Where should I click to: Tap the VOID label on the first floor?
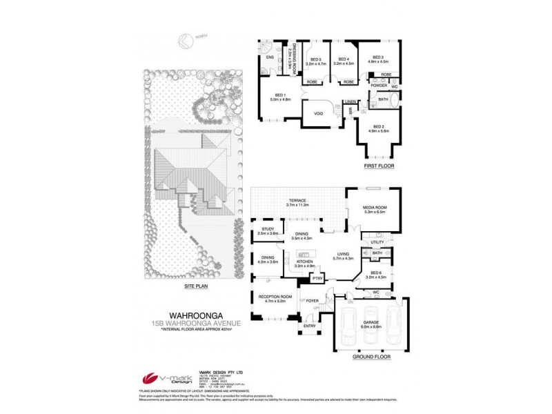319,113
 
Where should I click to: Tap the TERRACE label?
297,201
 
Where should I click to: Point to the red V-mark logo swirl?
149,379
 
